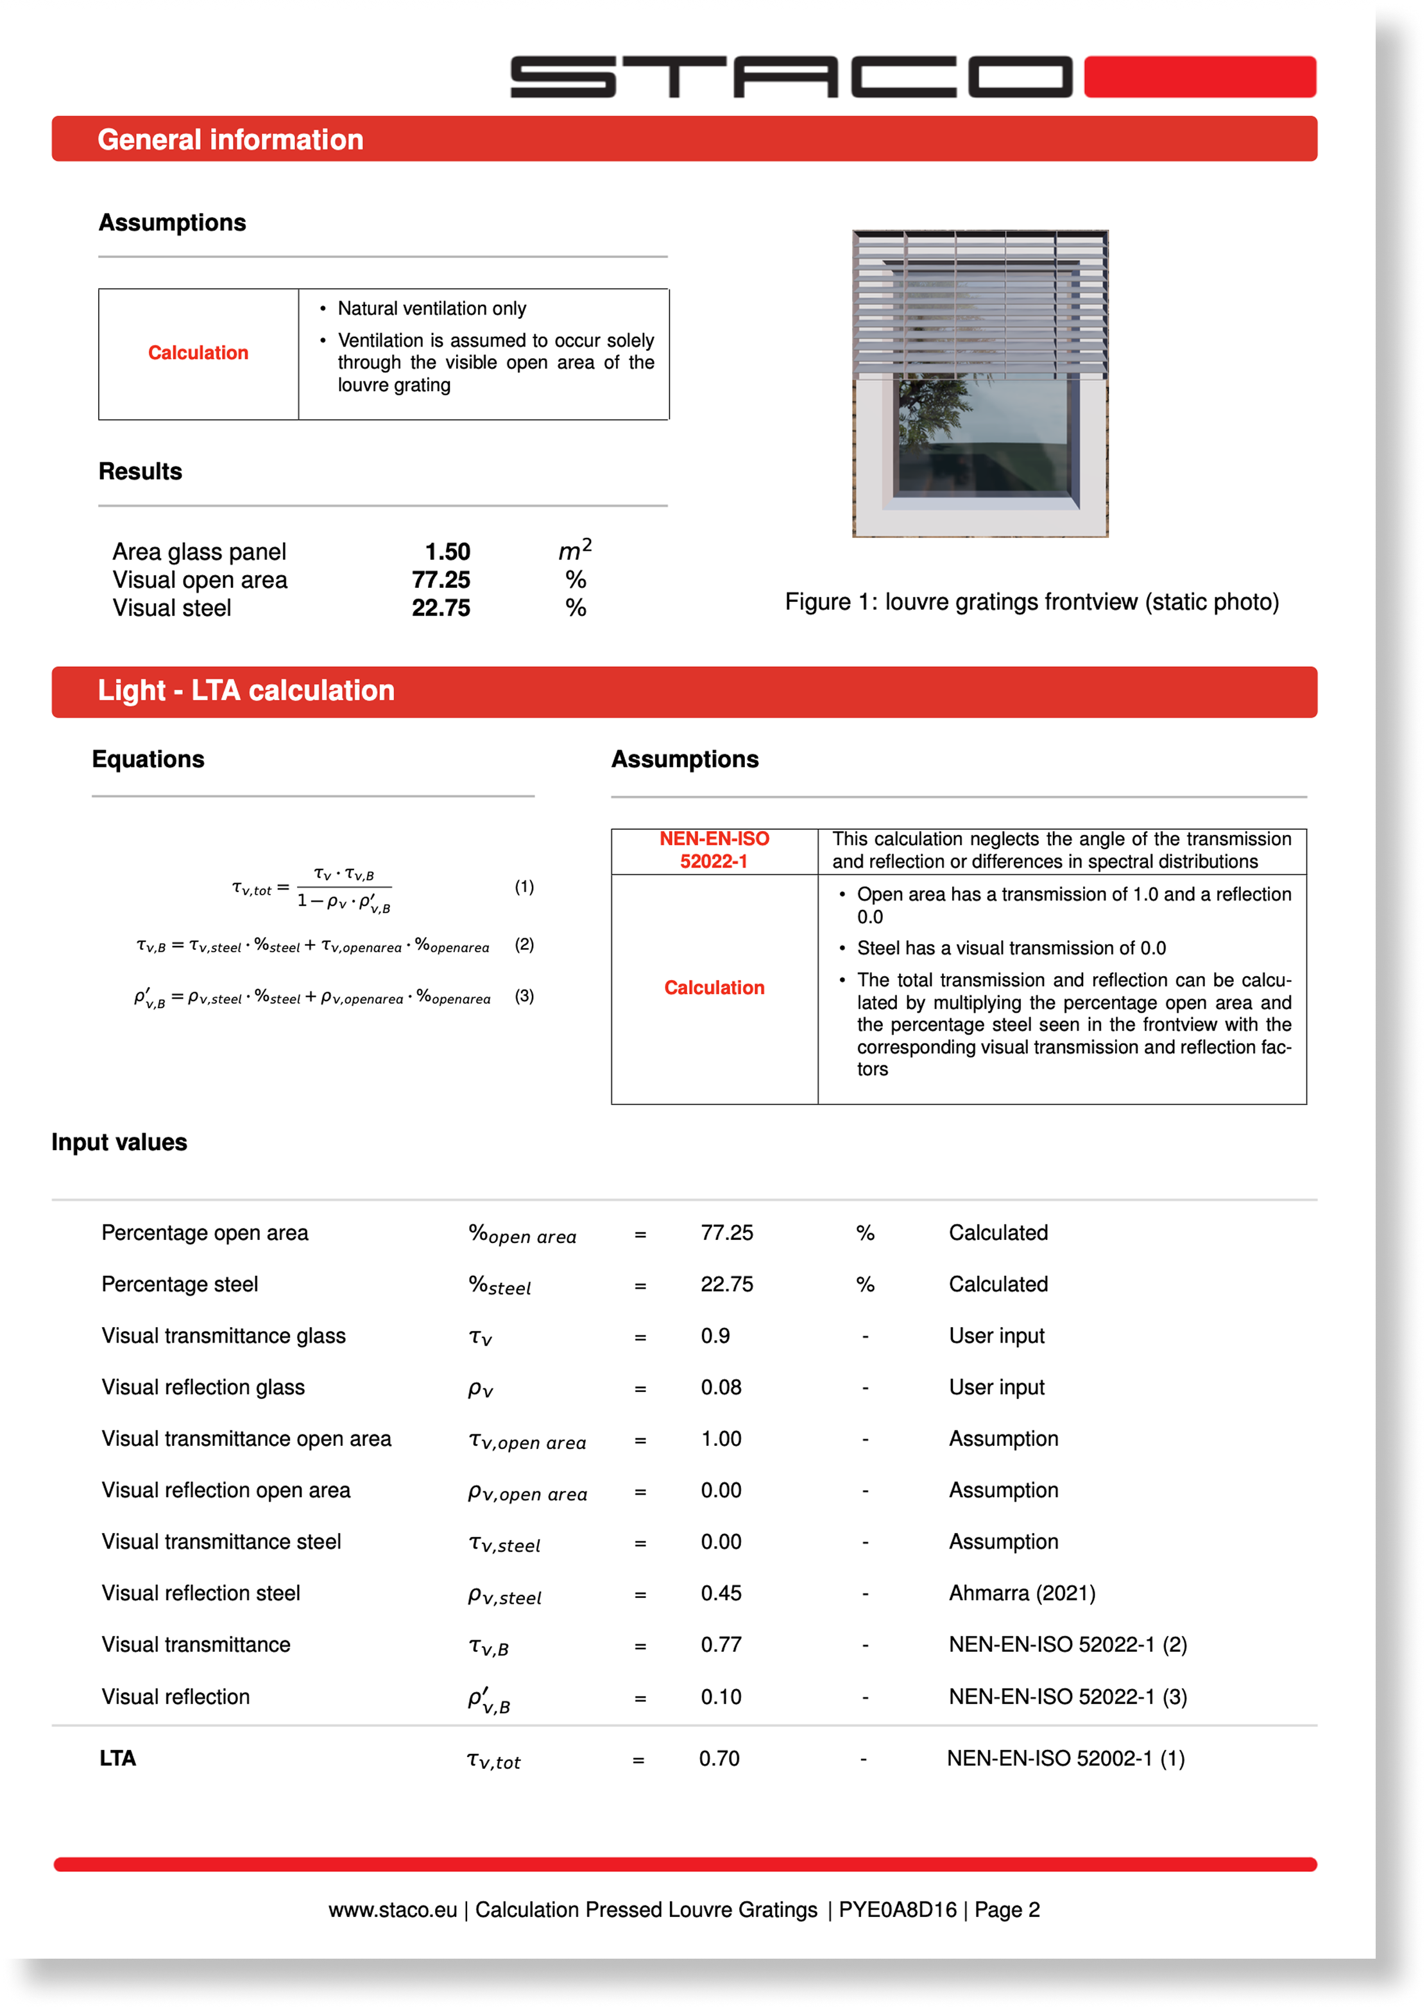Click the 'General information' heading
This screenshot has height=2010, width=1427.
pyautogui.click(x=230, y=140)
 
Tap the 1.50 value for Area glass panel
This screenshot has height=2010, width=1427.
pyautogui.click(x=447, y=552)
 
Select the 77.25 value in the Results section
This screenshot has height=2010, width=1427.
pyautogui.click(x=441, y=580)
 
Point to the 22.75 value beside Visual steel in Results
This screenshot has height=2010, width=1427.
pyautogui.click(x=441, y=608)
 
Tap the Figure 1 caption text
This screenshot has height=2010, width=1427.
pyautogui.click(x=1032, y=602)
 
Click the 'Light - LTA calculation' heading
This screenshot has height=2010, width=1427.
pyautogui.click(x=246, y=691)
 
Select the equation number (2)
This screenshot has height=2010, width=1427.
pyautogui.click(x=524, y=945)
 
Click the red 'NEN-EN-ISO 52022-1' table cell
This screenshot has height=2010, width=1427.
pyautogui.click(x=713, y=850)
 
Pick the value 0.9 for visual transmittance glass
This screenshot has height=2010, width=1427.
pyautogui.click(x=715, y=1336)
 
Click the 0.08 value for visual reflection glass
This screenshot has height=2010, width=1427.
pyautogui.click(x=721, y=1387)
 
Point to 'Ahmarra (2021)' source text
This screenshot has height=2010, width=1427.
pyautogui.click(x=1022, y=1593)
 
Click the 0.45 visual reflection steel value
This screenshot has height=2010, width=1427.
pyautogui.click(x=721, y=1593)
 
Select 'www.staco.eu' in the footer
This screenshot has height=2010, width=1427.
pyautogui.click(x=393, y=1910)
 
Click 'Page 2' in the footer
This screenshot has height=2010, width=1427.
pyautogui.click(x=1007, y=1910)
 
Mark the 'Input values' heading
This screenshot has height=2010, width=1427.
pyautogui.click(x=119, y=1142)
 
